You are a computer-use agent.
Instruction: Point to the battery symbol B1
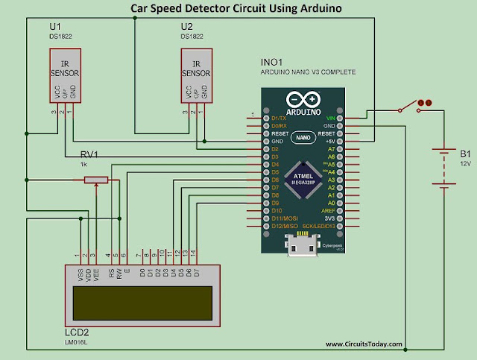coord(445,168)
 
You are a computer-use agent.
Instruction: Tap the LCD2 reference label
coord(78,330)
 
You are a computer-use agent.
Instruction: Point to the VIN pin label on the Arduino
coord(330,119)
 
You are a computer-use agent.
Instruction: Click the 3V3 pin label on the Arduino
coord(329,218)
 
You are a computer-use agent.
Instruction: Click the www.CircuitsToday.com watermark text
coord(363,344)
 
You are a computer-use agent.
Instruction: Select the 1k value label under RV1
coord(84,165)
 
